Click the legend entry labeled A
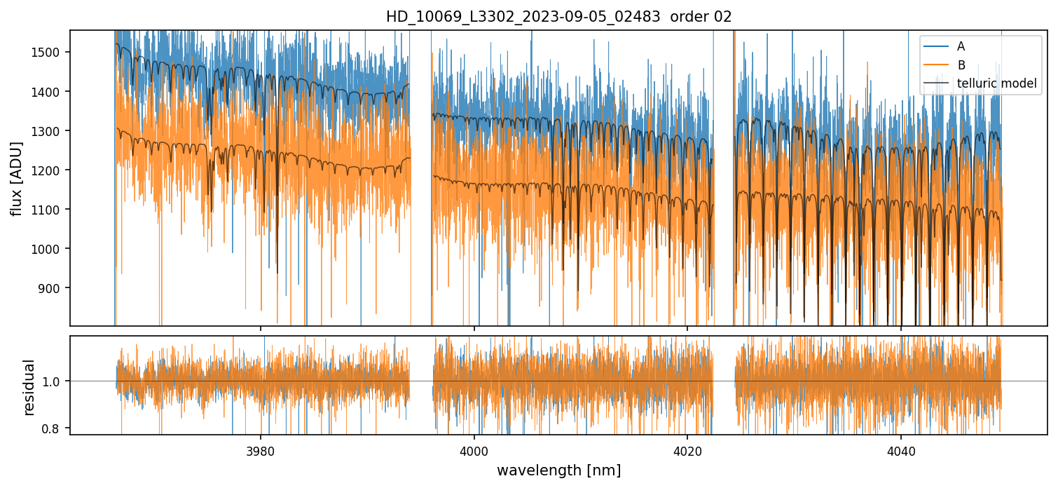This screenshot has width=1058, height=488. pyautogui.click(x=961, y=46)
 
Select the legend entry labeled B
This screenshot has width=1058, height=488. pyautogui.click(x=961, y=65)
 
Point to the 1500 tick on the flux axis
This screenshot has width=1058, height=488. pyautogui.click(x=50, y=53)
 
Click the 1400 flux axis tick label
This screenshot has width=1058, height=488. pyautogui.click(x=50, y=92)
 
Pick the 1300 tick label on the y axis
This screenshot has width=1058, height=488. pyautogui.click(x=50, y=131)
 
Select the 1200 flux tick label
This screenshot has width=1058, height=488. pyautogui.click(x=50, y=170)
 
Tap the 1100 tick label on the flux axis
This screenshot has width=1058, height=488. pyautogui.click(x=50, y=210)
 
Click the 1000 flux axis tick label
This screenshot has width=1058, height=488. pyautogui.click(x=50, y=249)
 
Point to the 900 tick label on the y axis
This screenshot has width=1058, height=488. pyautogui.click(x=53, y=288)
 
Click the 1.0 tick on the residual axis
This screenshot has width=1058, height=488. pyautogui.click(x=56, y=381)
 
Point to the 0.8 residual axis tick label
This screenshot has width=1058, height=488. pyautogui.click(x=56, y=428)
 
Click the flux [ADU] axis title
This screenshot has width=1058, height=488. pyautogui.click(x=15, y=178)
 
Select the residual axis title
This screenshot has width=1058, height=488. pyautogui.click(x=29, y=387)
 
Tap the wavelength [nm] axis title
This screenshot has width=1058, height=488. pyautogui.click(x=558, y=470)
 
